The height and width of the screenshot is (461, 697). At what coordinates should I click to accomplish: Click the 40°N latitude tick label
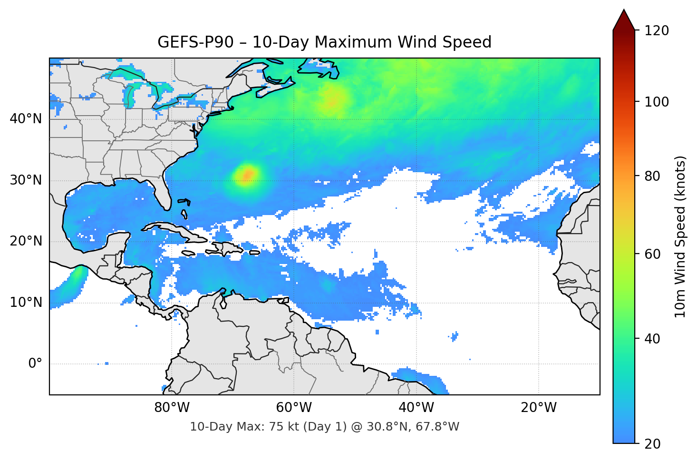click(x=26, y=119)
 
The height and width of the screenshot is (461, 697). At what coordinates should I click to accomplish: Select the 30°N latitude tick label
click(x=26, y=180)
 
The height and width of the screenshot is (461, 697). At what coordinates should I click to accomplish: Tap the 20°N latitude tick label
click(x=26, y=241)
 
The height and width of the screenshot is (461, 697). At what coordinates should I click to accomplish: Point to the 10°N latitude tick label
click(x=26, y=303)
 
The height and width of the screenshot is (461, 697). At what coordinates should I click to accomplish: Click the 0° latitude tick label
click(x=35, y=364)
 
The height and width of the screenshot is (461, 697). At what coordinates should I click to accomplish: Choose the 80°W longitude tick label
click(x=172, y=408)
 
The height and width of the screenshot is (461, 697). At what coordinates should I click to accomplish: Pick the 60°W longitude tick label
click(x=294, y=408)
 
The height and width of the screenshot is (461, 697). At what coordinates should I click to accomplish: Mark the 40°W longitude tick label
click(x=416, y=408)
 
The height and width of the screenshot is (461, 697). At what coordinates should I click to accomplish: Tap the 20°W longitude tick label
click(x=538, y=408)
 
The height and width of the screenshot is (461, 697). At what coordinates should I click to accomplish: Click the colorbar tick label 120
click(x=657, y=31)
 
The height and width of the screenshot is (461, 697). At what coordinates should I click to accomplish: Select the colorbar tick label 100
click(x=657, y=102)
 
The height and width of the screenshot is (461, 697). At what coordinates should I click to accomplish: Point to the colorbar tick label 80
click(x=652, y=176)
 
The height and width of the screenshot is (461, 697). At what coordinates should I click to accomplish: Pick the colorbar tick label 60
click(x=652, y=254)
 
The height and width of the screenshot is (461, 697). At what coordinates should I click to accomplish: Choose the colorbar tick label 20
click(x=652, y=444)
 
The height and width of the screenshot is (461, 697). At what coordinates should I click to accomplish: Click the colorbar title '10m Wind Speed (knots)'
click(x=680, y=237)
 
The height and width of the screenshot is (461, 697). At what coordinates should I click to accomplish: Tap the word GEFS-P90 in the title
click(x=195, y=42)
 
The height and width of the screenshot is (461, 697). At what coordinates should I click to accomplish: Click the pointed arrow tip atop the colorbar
click(x=624, y=11)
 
